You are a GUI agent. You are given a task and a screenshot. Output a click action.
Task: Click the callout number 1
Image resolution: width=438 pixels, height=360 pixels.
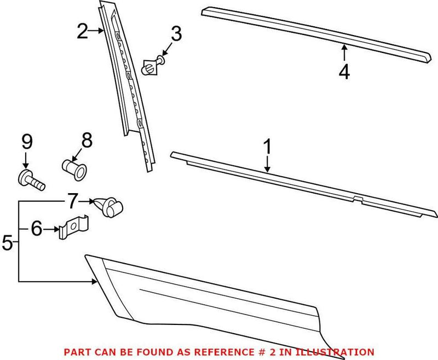point(268,147)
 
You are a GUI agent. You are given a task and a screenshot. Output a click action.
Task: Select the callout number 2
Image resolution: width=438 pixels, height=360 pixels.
point(82,32)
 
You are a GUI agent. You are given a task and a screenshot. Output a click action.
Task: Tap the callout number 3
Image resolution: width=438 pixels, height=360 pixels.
point(175,34)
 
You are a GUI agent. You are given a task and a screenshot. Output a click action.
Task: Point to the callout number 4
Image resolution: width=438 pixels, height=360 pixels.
point(344,72)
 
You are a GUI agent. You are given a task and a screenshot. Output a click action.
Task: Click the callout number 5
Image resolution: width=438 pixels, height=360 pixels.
point(8,242)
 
